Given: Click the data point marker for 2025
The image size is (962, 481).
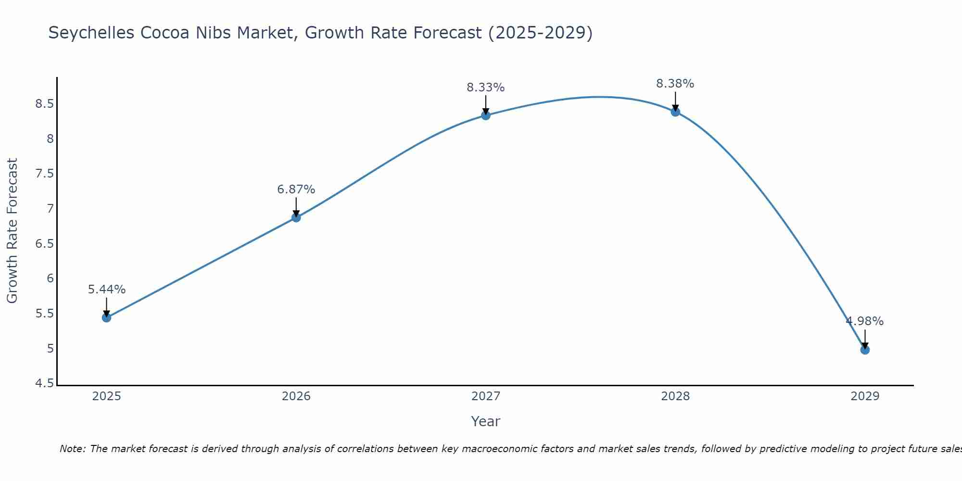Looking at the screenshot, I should click(x=106, y=317).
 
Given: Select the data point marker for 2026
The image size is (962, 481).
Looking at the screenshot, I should click(x=296, y=217).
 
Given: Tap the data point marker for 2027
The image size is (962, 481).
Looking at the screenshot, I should click(x=485, y=115).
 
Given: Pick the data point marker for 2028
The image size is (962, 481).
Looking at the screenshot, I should click(x=675, y=112).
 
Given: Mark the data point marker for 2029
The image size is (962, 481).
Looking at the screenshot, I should click(x=865, y=350).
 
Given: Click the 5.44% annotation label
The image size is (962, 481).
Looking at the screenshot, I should click(x=106, y=290).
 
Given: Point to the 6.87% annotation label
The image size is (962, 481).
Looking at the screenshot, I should click(x=296, y=190).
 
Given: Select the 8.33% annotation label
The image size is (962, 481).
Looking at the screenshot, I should click(x=485, y=88).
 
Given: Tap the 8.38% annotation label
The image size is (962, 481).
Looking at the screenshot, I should click(x=675, y=84).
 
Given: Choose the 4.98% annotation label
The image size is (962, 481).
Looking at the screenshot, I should click(x=865, y=321).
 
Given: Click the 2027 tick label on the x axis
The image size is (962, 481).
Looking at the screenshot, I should click(x=485, y=396).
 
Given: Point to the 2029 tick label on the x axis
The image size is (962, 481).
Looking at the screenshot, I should click(x=865, y=396).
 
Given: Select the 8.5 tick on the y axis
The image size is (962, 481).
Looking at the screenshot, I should click(x=44, y=104).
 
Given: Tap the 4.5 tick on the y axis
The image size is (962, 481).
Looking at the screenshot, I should click(x=44, y=383).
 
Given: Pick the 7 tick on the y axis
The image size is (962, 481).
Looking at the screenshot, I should click(x=50, y=209).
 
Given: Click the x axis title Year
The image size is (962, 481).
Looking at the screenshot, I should click(x=485, y=421).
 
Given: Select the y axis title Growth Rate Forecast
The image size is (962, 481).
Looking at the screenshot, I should click(x=12, y=231).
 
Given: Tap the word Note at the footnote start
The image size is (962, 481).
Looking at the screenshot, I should click(x=72, y=449).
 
